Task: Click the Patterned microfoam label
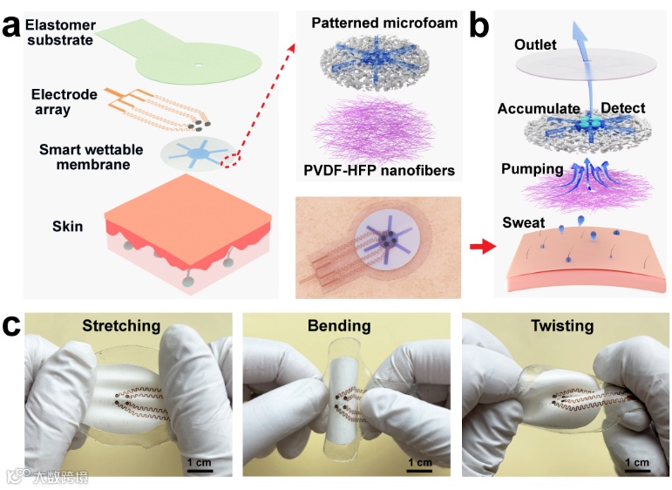click(384, 23)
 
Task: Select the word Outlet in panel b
click(535, 44)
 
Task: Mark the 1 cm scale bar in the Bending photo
click(417, 470)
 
